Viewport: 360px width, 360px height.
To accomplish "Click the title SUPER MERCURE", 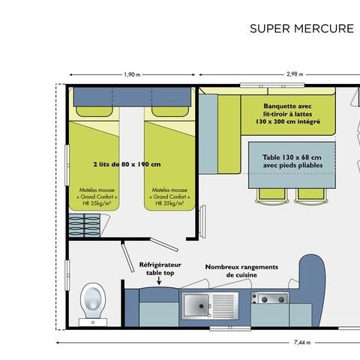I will pyautogui.click(x=301, y=29).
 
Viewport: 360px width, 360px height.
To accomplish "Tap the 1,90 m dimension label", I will pyautogui.click(x=131, y=74).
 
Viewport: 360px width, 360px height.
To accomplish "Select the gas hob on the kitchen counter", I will pyautogui.click(x=269, y=299).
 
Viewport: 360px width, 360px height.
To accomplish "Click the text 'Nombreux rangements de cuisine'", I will pyautogui.click(x=241, y=271).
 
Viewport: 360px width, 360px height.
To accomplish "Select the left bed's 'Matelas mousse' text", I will pyautogui.click(x=96, y=196).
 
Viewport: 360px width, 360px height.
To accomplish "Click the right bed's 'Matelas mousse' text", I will pyautogui.click(x=170, y=196).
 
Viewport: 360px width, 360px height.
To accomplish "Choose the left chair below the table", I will pyautogui.click(x=271, y=195).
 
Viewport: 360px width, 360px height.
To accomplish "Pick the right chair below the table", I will pyautogui.click(x=309, y=195).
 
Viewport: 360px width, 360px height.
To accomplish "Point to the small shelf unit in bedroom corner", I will pyautogui.click(x=84, y=224).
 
